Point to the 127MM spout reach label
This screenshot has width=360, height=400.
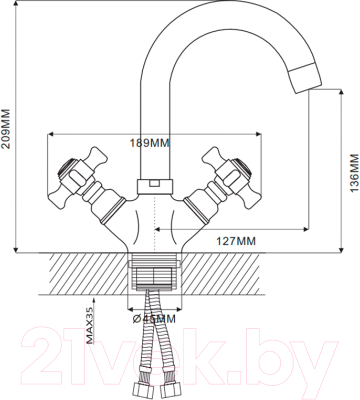(x=234, y=240)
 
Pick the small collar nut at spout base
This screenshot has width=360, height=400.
(x=153, y=185)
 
